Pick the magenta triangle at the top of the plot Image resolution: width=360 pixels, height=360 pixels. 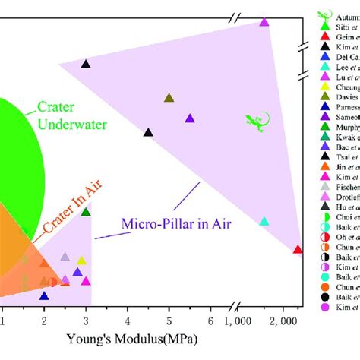pyautogui.click(x=264, y=22)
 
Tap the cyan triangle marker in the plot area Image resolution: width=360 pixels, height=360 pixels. pyautogui.click(x=264, y=222)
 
